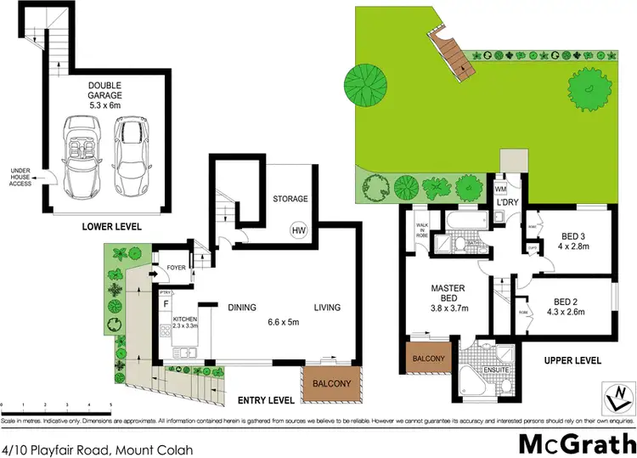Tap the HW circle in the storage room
(298, 229)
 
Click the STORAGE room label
(290, 199)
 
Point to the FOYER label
(176, 268)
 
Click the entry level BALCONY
(332, 384)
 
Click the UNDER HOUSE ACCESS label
(21, 177)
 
